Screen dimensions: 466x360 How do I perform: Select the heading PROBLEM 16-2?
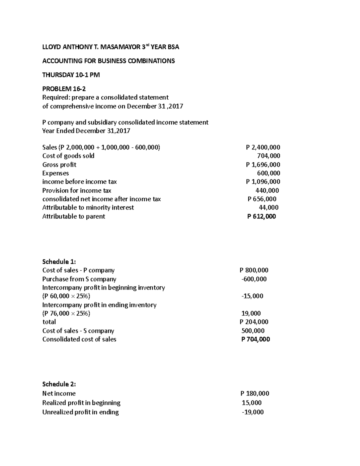click(x=64, y=89)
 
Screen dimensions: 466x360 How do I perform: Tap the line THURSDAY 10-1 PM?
click(x=71, y=75)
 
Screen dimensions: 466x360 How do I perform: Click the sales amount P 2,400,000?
click(x=263, y=147)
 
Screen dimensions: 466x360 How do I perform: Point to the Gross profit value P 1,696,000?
click(x=263, y=165)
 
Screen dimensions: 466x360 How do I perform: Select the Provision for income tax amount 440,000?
click(x=267, y=191)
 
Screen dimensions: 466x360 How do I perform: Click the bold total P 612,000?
click(x=261, y=216)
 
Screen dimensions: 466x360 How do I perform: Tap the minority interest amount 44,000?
click(x=268, y=208)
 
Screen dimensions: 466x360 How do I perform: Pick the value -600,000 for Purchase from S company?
click(x=254, y=279)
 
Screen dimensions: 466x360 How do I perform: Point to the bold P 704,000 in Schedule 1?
click(x=256, y=339)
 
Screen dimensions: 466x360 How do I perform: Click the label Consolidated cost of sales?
click(x=79, y=339)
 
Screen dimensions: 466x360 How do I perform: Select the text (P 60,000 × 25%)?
click(x=66, y=296)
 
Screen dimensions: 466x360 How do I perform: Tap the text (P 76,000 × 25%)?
click(x=66, y=314)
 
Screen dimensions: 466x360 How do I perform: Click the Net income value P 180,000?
click(x=255, y=393)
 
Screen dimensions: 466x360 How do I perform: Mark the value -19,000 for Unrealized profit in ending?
click(x=253, y=412)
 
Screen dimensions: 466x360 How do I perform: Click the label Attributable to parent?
click(x=73, y=216)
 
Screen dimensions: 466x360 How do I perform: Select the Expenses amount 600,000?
click(x=268, y=173)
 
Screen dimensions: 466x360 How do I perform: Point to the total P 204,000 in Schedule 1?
click(x=254, y=322)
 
